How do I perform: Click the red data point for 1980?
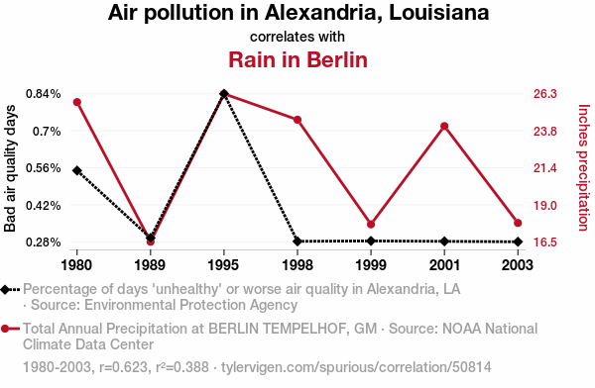click(77, 102)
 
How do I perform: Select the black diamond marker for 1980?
click(77, 170)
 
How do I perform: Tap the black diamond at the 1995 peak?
click(224, 94)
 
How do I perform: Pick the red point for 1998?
click(297, 120)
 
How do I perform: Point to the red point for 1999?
click(371, 225)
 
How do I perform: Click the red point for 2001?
click(444, 126)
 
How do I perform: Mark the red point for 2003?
click(518, 223)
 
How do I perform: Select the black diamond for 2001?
click(444, 242)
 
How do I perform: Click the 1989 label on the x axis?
click(151, 265)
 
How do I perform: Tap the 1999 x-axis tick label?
click(371, 265)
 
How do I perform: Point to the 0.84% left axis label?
click(44, 94)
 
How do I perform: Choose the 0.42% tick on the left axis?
click(44, 205)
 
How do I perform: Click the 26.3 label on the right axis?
click(544, 94)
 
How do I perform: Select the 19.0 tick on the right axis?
click(544, 205)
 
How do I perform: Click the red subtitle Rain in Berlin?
click(297, 59)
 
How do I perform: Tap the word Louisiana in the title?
click(439, 12)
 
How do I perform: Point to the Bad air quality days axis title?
click(10, 168)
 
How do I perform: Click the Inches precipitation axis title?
click(584, 167)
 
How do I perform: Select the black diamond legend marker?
click(5, 290)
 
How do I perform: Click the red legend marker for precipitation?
click(5, 329)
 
